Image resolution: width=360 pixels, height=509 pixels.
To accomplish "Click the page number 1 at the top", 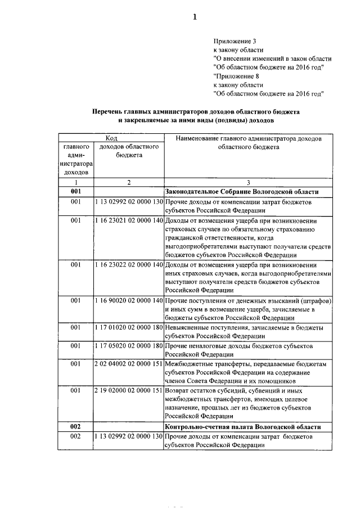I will [195, 17].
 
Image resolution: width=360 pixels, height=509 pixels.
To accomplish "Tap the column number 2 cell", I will [129, 182].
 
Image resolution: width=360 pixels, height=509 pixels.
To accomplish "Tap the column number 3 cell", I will [248, 182].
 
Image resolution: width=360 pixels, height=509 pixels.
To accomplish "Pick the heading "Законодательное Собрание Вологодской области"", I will [242, 192].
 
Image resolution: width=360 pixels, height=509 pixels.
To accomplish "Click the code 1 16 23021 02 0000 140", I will [129, 221].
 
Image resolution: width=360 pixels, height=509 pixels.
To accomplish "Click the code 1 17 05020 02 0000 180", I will [129, 346].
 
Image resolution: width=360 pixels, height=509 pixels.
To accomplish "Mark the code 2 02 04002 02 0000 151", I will [129, 365].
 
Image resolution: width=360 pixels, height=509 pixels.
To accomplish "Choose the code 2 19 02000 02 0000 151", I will [129, 391].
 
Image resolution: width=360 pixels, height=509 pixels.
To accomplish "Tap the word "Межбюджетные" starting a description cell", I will [192, 365].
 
